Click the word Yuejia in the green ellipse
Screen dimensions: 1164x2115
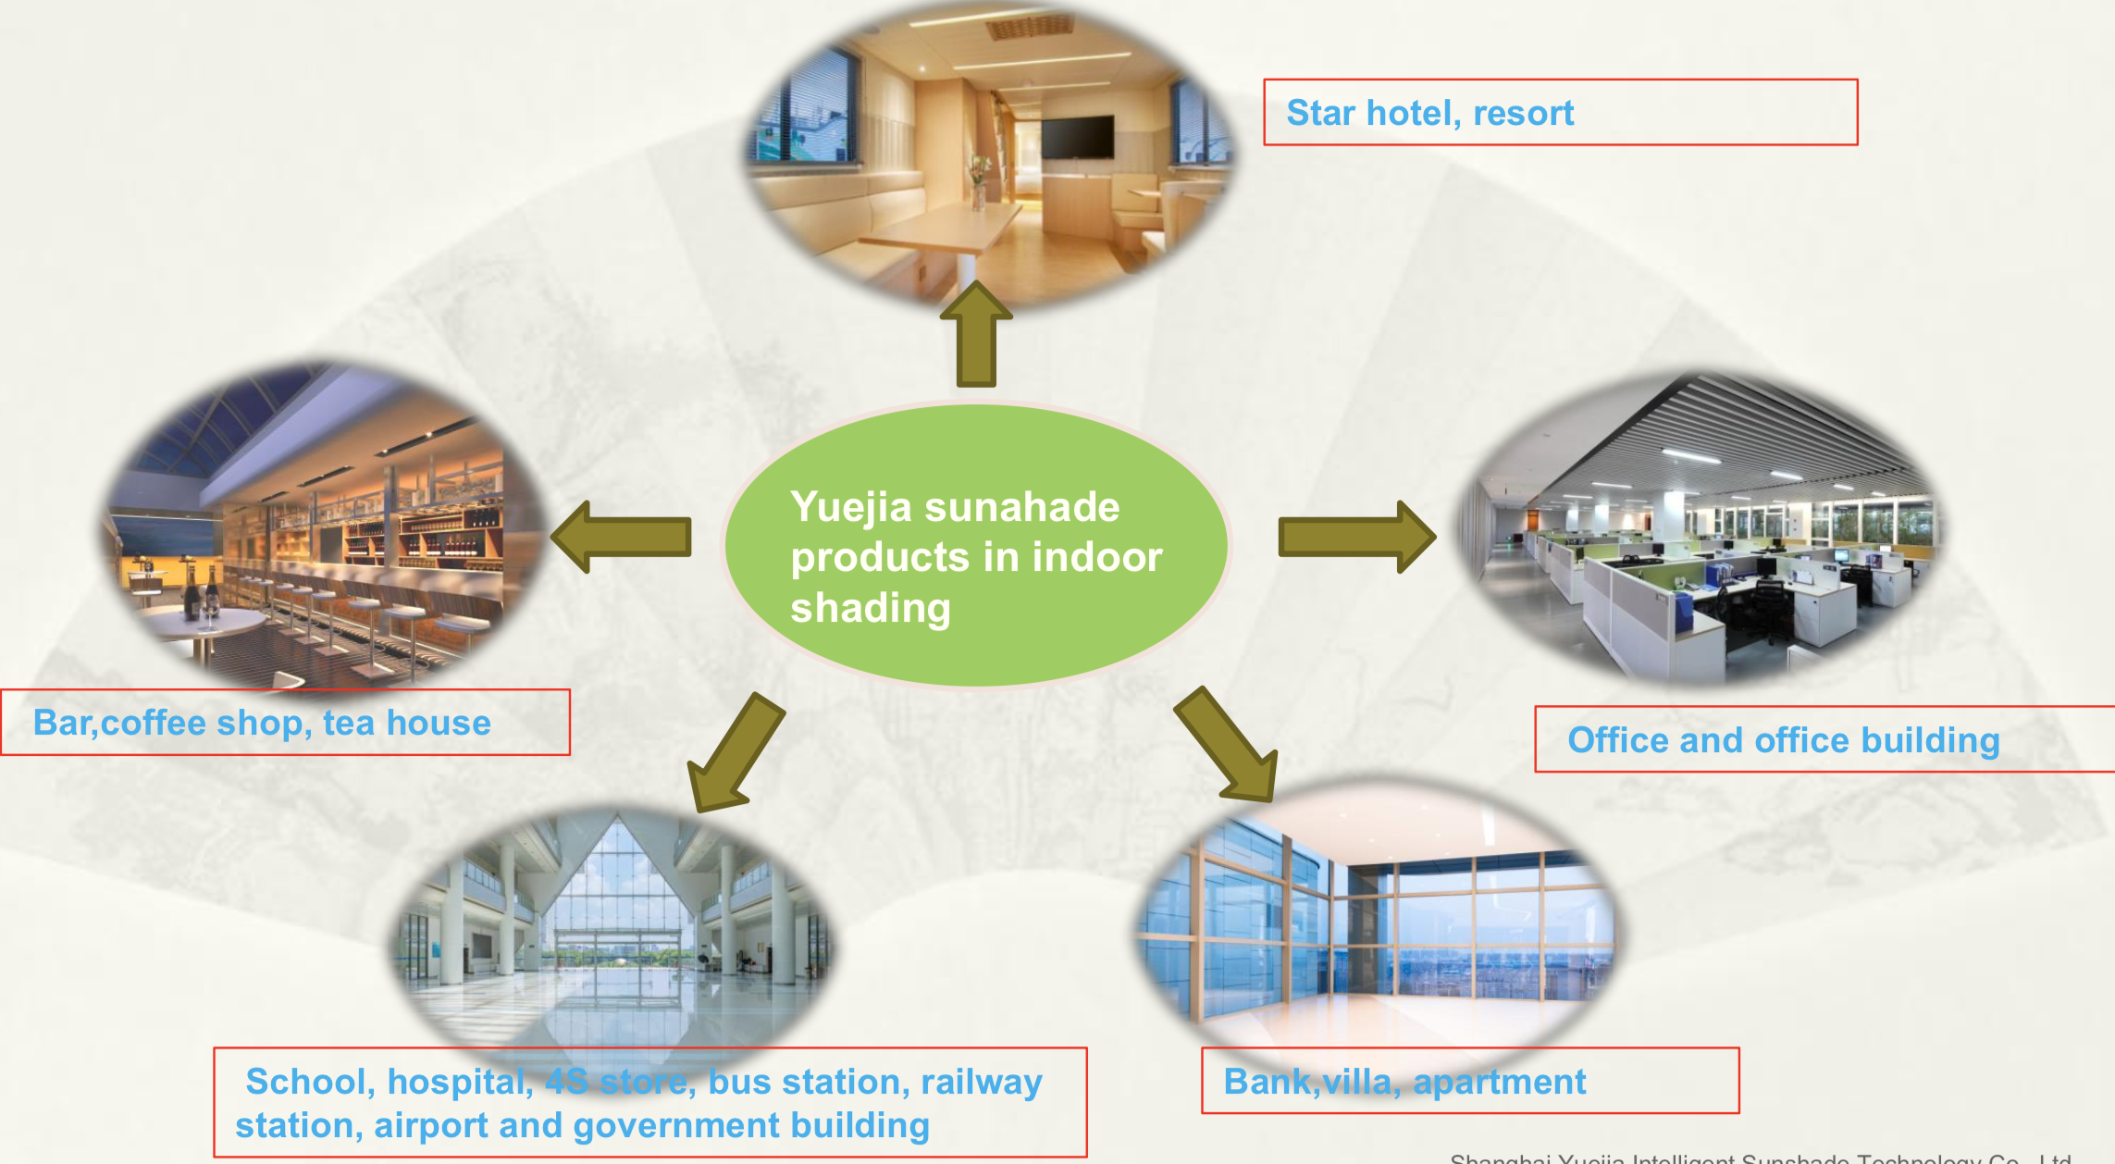pyautogui.click(x=851, y=508)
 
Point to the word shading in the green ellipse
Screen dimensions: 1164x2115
pyautogui.click(x=871, y=609)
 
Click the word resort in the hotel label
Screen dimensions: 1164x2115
pyautogui.click(x=1523, y=113)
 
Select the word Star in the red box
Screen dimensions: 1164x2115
pyautogui.click(x=1320, y=113)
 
